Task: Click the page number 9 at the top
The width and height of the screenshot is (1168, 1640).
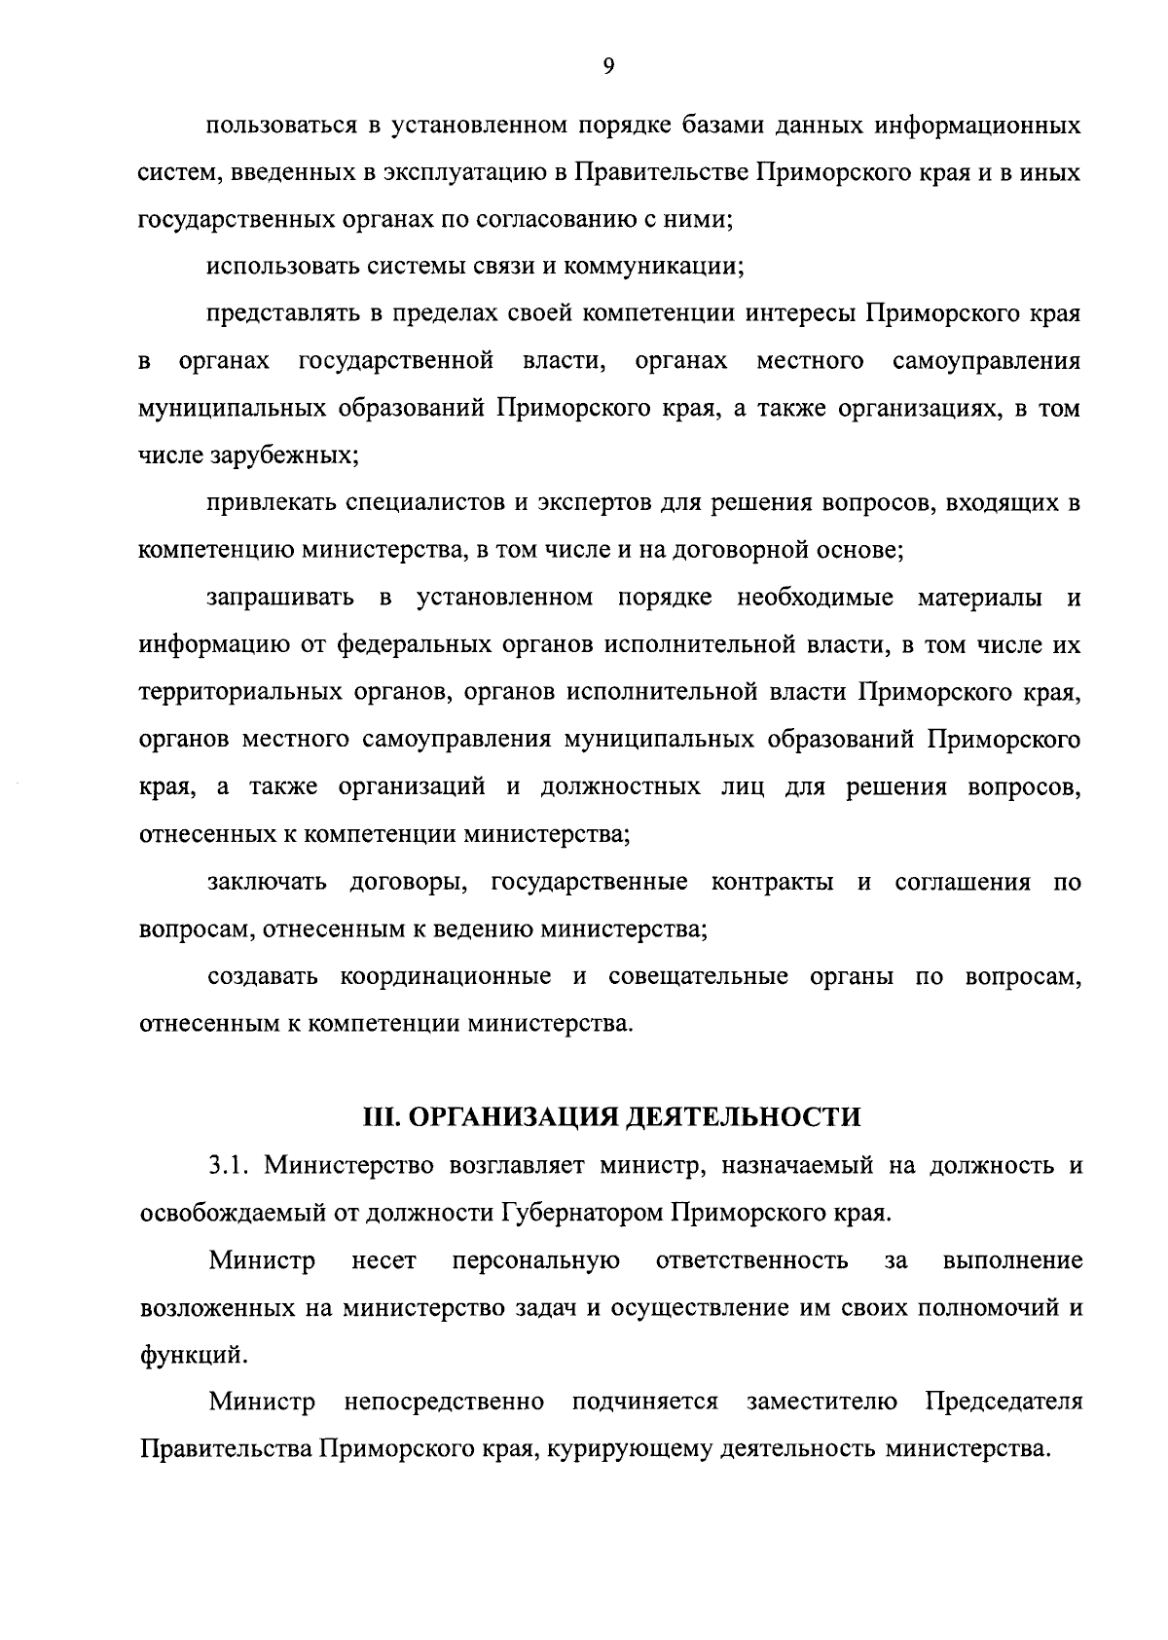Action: [608, 65]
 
